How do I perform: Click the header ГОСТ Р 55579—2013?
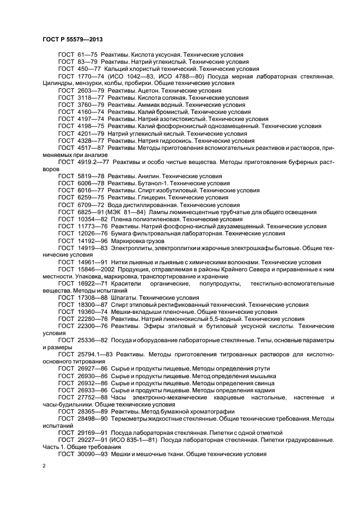(72, 40)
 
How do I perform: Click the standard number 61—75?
(87, 55)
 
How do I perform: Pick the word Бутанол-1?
(150, 184)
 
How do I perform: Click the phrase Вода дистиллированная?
(142, 205)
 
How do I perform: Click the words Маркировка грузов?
(136, 240)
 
